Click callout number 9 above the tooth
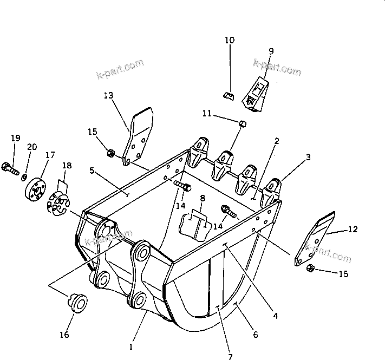pyautogui.click(x=271, y=51)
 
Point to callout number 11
pyautogui.click(x=207, y=113)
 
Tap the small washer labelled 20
pyautogui.click(x=25, y=177)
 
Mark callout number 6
pyautogui.click(x=255, y=335)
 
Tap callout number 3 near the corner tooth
pyautogui.click(x=308, y=158)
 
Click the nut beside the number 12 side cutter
pyautogui.click(x=311, y=269)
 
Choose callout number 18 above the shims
pyautogui.click(x=67, y=165)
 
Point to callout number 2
pyautogui.click(x=276, y=141)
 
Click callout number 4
pyautogui.click(x=275, y=314)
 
